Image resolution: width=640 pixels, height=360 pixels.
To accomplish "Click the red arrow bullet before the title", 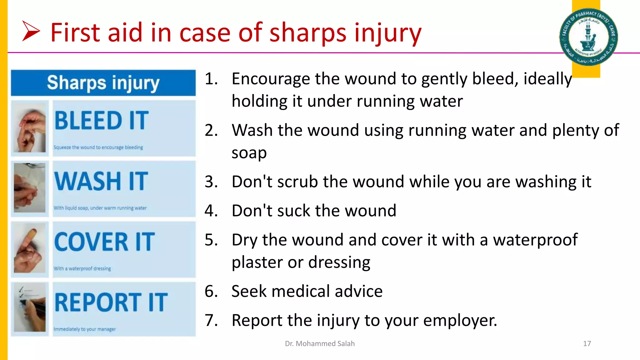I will [x=31, y=31].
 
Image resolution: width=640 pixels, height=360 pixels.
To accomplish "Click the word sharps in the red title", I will [x=308, y=33].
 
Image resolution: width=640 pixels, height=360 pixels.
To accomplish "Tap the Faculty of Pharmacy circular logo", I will [x=588, y=37].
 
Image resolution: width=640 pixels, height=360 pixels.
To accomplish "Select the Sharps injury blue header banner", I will [x=103, y=83].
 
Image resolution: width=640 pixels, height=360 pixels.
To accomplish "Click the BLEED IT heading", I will [x=102, y=121].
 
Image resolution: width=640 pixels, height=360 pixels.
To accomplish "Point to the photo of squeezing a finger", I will [x=30, y=128].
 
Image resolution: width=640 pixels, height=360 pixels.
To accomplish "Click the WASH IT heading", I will [x=101, y=181].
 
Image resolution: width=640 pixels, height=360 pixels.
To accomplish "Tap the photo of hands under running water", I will [x=30, y=188].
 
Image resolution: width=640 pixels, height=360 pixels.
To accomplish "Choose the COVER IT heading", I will [x=104, y=242].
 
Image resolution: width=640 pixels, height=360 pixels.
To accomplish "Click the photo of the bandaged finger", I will [x=30, y=249].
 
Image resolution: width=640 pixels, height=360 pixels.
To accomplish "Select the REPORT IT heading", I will [x=111, y=302].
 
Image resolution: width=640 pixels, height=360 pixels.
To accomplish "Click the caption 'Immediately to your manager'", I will [x=84, y=329].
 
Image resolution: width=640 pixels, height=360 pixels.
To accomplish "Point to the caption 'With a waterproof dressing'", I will [x=82, y=268].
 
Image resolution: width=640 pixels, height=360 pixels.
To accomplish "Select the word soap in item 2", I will [x=249, y=153].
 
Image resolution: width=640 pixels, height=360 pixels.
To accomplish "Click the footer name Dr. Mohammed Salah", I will [x=320, y=343].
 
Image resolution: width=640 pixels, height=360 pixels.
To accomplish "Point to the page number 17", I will [x=587, y=343].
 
